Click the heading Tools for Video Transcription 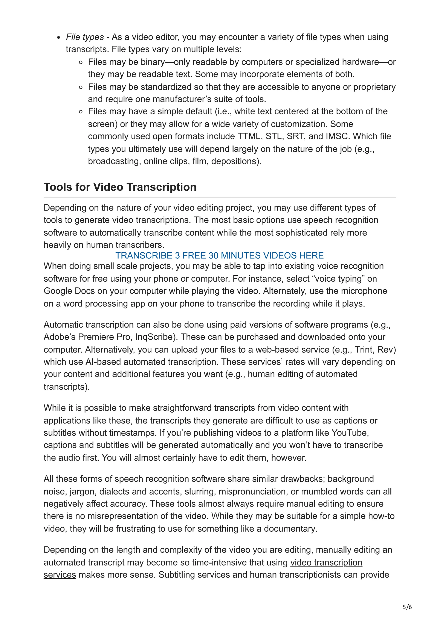click(120, 187)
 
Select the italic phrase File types click(85, 37)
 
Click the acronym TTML click(249, 136)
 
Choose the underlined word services click(60, 575)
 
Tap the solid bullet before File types click(59, 38)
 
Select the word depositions click(235, 161)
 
